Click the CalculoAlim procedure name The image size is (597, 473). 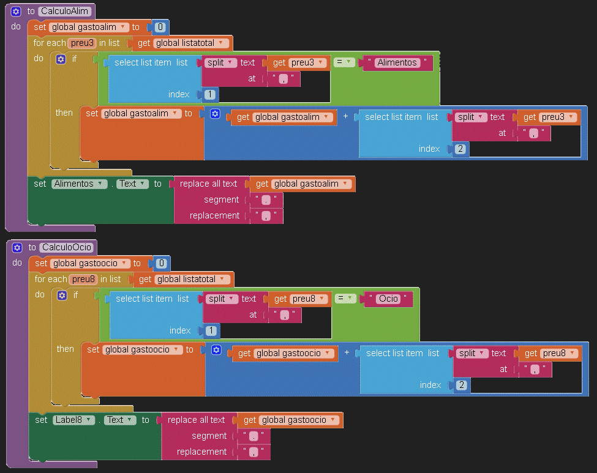point(65,11)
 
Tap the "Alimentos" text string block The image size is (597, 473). point(397,62)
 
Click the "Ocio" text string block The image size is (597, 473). point(388,299)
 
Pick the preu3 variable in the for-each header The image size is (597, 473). point(83,43)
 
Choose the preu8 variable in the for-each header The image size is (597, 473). point(84,279)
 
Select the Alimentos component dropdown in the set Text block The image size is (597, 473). point(79,184)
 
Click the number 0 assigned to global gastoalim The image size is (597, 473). point(160,27)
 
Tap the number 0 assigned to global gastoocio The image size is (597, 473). point(162,263)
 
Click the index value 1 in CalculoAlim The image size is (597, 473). point(209,94)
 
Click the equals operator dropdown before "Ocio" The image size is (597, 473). point(345,299)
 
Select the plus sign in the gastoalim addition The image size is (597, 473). point(346,116)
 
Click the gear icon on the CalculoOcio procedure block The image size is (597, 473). point(17,247)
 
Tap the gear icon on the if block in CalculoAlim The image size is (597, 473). point(61,59)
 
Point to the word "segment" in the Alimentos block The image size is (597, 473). point(222,199)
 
